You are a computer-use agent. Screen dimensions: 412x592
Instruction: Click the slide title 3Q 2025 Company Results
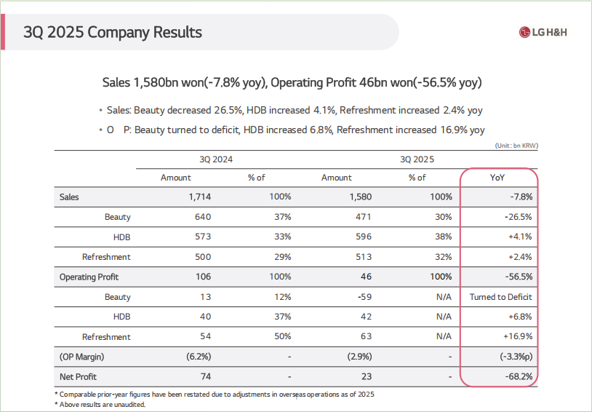[x=113, y=32]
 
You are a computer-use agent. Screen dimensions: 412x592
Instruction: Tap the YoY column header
[x=498, y=178]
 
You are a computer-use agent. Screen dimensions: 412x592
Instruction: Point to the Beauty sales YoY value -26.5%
[x=517, y=217]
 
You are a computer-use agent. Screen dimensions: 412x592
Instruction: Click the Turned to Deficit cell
[x=500, y=297]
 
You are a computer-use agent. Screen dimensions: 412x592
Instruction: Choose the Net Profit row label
[x=78, y=377]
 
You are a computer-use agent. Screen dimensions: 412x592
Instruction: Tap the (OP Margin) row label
[x=82, y=357]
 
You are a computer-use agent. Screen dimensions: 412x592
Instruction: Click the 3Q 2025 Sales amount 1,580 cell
[x=360, y=197]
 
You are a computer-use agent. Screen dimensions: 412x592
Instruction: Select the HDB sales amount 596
[x=363, y=237]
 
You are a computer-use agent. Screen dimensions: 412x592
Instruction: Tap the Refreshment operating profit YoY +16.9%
[x=517, y=337]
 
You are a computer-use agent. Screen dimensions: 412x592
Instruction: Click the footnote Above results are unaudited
[x=102, y=405]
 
